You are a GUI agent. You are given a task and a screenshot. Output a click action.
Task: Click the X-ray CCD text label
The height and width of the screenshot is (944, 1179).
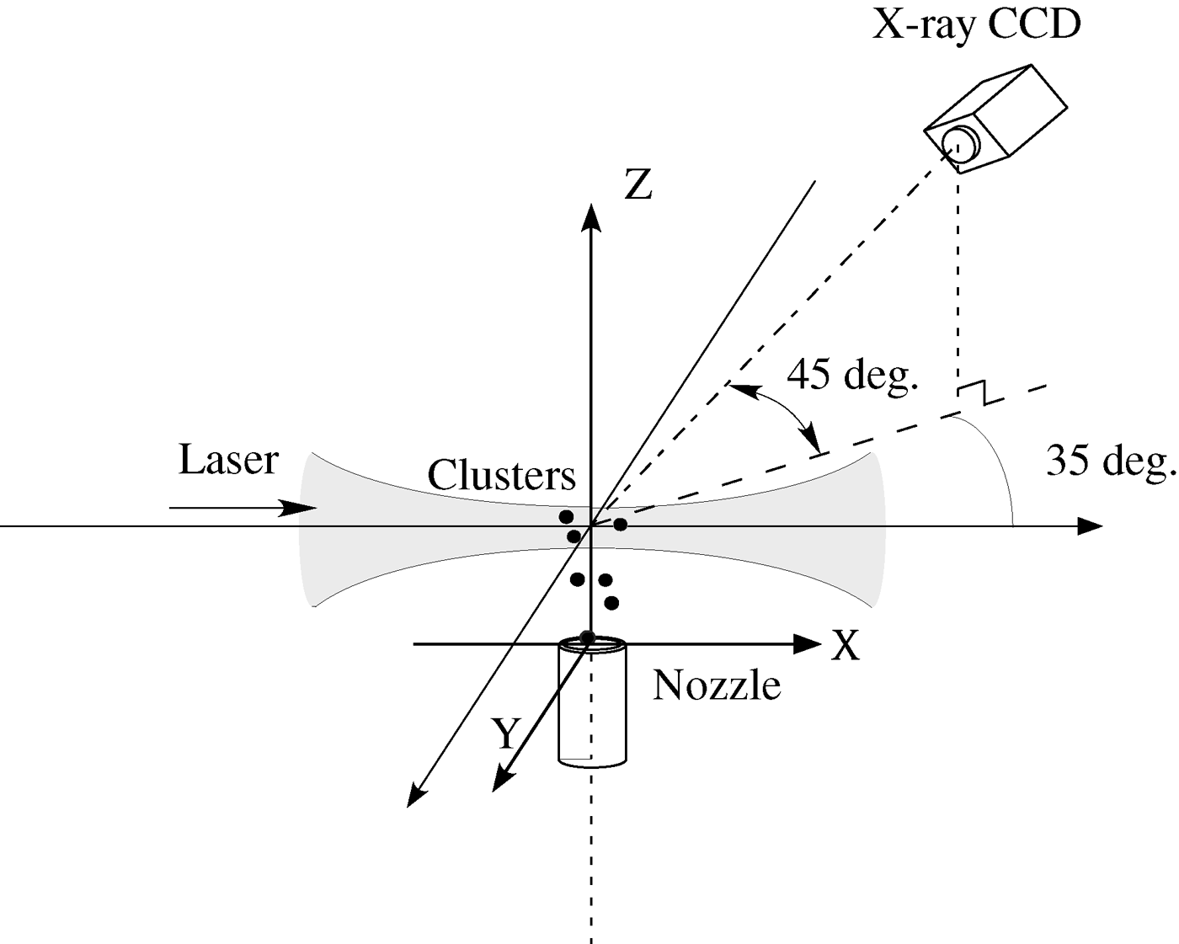pyautogui.click(x=976, y=25)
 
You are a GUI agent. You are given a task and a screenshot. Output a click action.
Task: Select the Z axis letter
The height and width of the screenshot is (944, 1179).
pyautogui.click(x=638, y=184)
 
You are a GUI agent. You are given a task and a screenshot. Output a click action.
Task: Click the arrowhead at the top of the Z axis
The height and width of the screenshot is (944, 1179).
pyautogui.click(x=591, y=216)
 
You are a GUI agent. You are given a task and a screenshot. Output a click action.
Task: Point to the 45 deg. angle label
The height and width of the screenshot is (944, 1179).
pyautogui.click(x=851, y=375)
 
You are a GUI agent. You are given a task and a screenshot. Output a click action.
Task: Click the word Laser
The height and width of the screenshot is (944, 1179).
pyautogui.click(x=228, y=460)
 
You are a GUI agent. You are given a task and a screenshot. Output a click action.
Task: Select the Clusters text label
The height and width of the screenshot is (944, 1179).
pyautogui.click(x=501, y=476)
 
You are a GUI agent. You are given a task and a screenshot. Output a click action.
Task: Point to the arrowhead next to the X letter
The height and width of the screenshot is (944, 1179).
pyautogui.click(x=808, y=644)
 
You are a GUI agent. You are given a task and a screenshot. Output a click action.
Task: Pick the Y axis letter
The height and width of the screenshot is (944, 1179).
pyautogui.click(x=504, y=733)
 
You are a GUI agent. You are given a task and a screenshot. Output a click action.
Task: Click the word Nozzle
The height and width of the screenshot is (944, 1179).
pyautogui.click(x=717, y=685)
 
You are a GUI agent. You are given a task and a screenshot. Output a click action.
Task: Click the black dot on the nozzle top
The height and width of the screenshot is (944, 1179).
pyautogui.click(x=588, y=637)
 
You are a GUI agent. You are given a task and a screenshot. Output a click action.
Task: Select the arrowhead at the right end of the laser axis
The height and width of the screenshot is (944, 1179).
pyautogui.click(x=1091, y=526)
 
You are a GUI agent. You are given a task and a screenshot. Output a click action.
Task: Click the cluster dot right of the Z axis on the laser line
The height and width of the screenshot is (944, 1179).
pyautogui.click(x=620, y=525)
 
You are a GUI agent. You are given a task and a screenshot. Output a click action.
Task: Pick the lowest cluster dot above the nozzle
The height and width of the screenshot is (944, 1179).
pyautogui.click(x=612, y=603)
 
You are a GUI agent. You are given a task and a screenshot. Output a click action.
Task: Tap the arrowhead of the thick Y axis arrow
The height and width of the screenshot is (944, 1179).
pyautogui.click(x=502, y=780)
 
